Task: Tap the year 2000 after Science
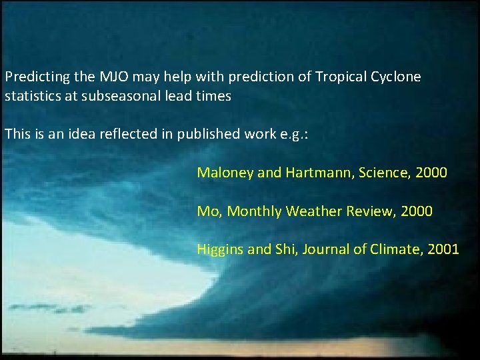pyautogui.click(x=431, y=173)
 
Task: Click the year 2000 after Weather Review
pyautogui.click(x=416, y=211)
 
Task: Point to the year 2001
pyautogui.click(x=443, y=250)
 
